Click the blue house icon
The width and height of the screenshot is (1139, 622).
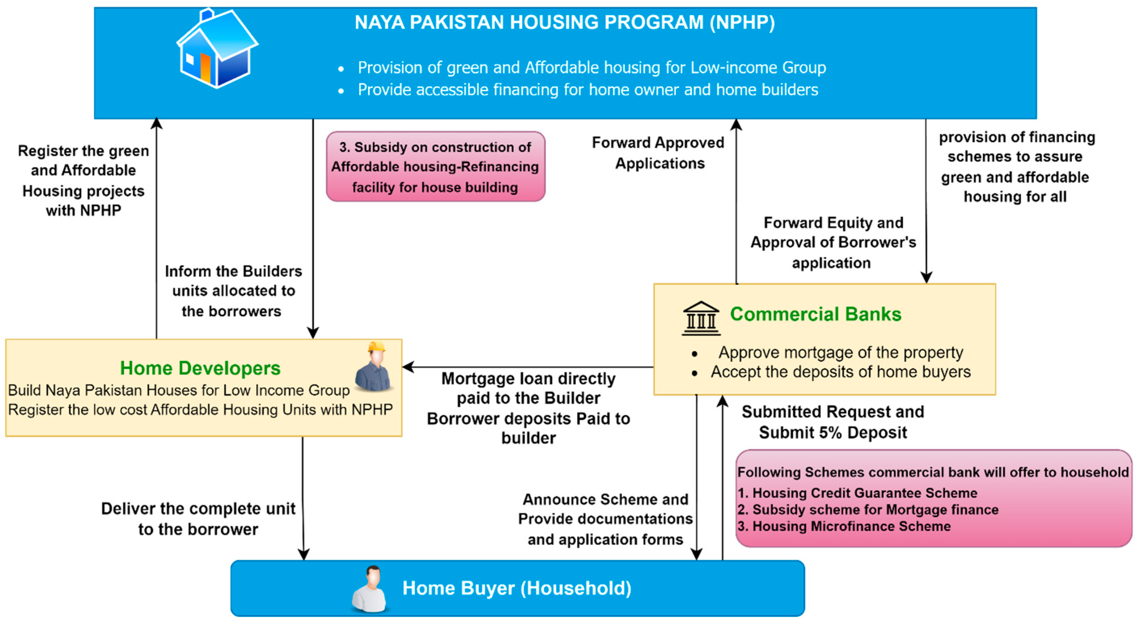pos(217,48)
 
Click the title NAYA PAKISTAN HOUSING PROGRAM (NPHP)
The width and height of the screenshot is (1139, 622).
pos(565,22)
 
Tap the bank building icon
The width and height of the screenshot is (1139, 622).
pos(701,318)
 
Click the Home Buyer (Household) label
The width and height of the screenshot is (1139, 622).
pos(517,588)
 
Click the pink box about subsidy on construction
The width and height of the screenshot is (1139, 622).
pos(436,167)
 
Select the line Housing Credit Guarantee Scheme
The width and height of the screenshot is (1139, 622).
pos(857,493)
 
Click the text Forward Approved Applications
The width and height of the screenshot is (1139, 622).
pos(658,153)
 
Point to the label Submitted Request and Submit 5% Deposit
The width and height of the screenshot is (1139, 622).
pos(833,422)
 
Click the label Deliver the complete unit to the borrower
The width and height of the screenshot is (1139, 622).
pos(198,519)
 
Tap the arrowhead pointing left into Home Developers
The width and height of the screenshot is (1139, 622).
pos(408,367)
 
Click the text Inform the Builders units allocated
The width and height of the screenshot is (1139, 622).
pos(233,291)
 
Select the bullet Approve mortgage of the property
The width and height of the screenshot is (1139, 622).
pos(841,353)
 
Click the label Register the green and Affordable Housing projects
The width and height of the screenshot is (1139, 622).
pos(83,180)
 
